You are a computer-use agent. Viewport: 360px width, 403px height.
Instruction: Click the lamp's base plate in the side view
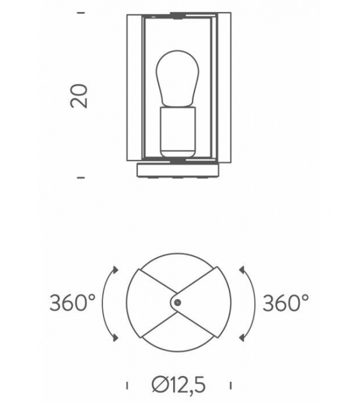[177, 170]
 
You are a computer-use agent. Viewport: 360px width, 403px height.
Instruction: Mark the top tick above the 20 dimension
[80, 12]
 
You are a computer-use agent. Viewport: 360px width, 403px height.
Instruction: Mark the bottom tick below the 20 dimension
[80, 178]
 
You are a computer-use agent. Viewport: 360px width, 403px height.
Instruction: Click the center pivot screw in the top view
[178, 303]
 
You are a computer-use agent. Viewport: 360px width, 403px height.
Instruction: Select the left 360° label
[72, 303]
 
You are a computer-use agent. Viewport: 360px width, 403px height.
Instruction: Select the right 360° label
[285, 303]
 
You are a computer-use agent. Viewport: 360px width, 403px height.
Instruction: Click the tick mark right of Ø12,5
[231, 384]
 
